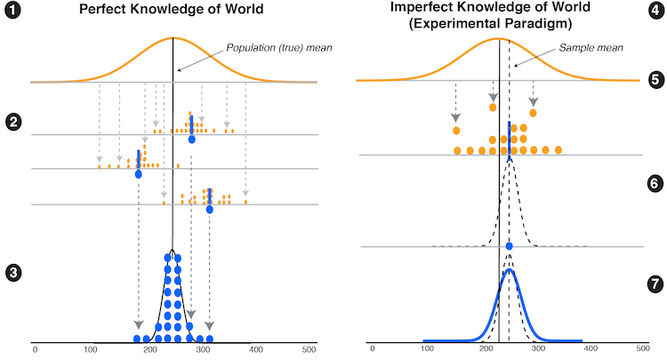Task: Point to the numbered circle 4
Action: [x=654, y=15]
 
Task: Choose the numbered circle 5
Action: [x=654, y=80]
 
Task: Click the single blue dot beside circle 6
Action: [x=509, y=245]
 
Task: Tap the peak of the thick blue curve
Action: [x=509, y=270]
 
